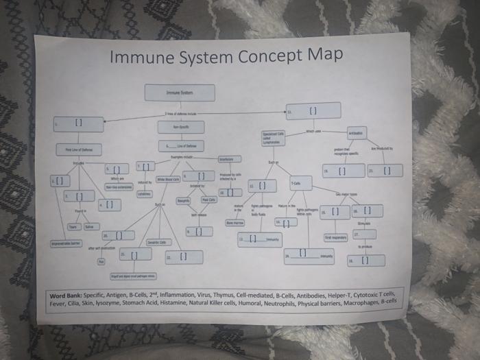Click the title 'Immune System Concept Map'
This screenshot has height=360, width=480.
tap(226, 55)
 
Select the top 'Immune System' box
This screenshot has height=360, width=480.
tap(180, 93)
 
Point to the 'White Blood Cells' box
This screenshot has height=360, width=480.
tap(167, 180)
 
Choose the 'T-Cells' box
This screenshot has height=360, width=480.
tap(300, 182)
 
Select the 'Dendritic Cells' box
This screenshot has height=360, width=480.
tap(159, 242)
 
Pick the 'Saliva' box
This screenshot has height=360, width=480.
tap(91, 226)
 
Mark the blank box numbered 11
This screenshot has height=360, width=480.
tap(313, 110)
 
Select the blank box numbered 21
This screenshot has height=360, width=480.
tap(385, 170)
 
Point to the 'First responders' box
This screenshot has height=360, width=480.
tap(335, 237)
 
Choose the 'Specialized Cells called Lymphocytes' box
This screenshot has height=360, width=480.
tap(274, 137)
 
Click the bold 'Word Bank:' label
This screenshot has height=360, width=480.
tap(67, 296)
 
